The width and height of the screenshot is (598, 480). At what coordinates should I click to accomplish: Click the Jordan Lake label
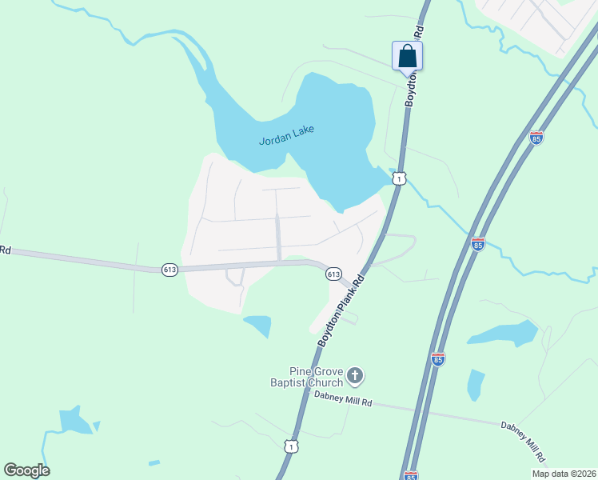click(287, 135)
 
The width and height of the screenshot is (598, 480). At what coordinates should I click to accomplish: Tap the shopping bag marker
click(407, 56)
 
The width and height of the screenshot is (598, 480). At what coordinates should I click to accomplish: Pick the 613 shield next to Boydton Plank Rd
click(334, 274)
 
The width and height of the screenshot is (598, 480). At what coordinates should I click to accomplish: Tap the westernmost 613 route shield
click(169, 270)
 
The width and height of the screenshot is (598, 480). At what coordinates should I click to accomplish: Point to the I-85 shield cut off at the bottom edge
click(411, 475)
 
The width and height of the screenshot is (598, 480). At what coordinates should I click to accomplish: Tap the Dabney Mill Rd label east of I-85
click(524, 442)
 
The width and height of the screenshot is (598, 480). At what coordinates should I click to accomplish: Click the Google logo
click(26, 470)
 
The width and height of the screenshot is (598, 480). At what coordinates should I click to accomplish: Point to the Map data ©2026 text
click(564, 474)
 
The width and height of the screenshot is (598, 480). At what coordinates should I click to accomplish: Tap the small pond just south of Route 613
click(258, 325)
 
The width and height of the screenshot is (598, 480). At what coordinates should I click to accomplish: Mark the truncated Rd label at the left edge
click(5, 250)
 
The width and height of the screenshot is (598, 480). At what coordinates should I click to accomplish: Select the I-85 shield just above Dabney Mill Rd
click(437, 360)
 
